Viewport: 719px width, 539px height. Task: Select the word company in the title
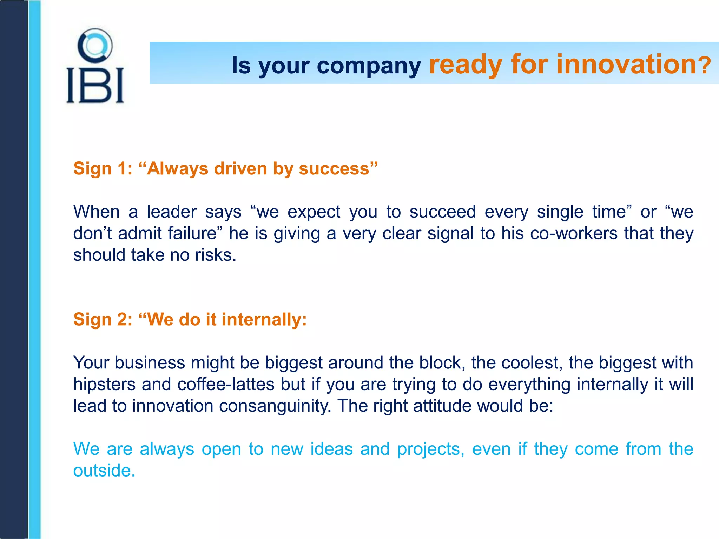point(369,66)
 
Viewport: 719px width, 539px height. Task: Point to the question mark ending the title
point(704,66)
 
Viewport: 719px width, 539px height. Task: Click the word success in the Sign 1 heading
point(334,169)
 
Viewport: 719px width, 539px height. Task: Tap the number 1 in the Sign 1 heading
point(123,168)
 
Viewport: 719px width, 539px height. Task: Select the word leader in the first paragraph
point(172,212)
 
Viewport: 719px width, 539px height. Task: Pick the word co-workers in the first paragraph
point(574,233)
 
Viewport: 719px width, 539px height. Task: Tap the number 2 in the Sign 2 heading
point(124,320)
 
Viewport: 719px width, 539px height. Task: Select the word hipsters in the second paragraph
point(104,385)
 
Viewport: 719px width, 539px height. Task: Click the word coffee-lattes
point(226,384)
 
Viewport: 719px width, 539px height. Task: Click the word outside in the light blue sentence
point(104,471)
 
